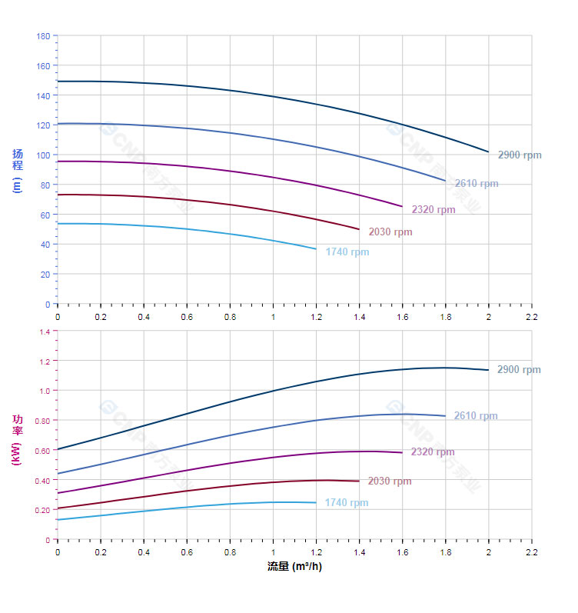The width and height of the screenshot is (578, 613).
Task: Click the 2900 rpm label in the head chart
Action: [x=520, y=155]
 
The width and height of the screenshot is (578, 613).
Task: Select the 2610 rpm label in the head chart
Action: [x=477, y=184]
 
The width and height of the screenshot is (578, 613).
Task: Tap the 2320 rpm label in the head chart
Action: [x=433, y=209]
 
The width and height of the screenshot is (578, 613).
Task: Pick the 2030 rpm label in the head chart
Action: [x=390, y=232]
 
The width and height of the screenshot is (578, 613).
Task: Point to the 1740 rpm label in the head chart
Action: [x=347, y=252]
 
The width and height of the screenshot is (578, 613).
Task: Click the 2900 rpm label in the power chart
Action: [x=519, y=370]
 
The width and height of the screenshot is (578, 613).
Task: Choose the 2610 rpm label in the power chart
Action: [x=476, y=416]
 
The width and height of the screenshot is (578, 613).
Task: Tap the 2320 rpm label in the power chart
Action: [x=433, y=452]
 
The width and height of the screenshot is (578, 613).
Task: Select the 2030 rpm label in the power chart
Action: [x=390, y=481]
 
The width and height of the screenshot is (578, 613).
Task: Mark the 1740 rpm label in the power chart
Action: [x=347, y=503]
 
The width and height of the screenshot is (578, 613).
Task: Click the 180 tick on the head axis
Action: [x=43, y=36]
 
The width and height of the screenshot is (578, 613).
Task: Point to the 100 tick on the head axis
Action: [x=43, y=155]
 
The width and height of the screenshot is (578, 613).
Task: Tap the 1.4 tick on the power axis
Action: [x=45, y=331]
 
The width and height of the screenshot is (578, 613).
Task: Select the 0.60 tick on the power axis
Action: [x=42, y=451]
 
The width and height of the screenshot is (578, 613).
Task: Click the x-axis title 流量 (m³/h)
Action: [x=294, y=567]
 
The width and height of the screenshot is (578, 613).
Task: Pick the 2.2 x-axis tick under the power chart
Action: [x=531, y=552]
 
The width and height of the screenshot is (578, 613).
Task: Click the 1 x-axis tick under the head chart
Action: [x=273, y=316]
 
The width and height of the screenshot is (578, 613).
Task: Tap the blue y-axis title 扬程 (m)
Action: [x=18, y=171]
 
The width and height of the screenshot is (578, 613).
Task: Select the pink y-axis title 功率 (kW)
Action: [x=18, y=440]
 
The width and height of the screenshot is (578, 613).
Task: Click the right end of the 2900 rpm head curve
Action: [x=488, y=152]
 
